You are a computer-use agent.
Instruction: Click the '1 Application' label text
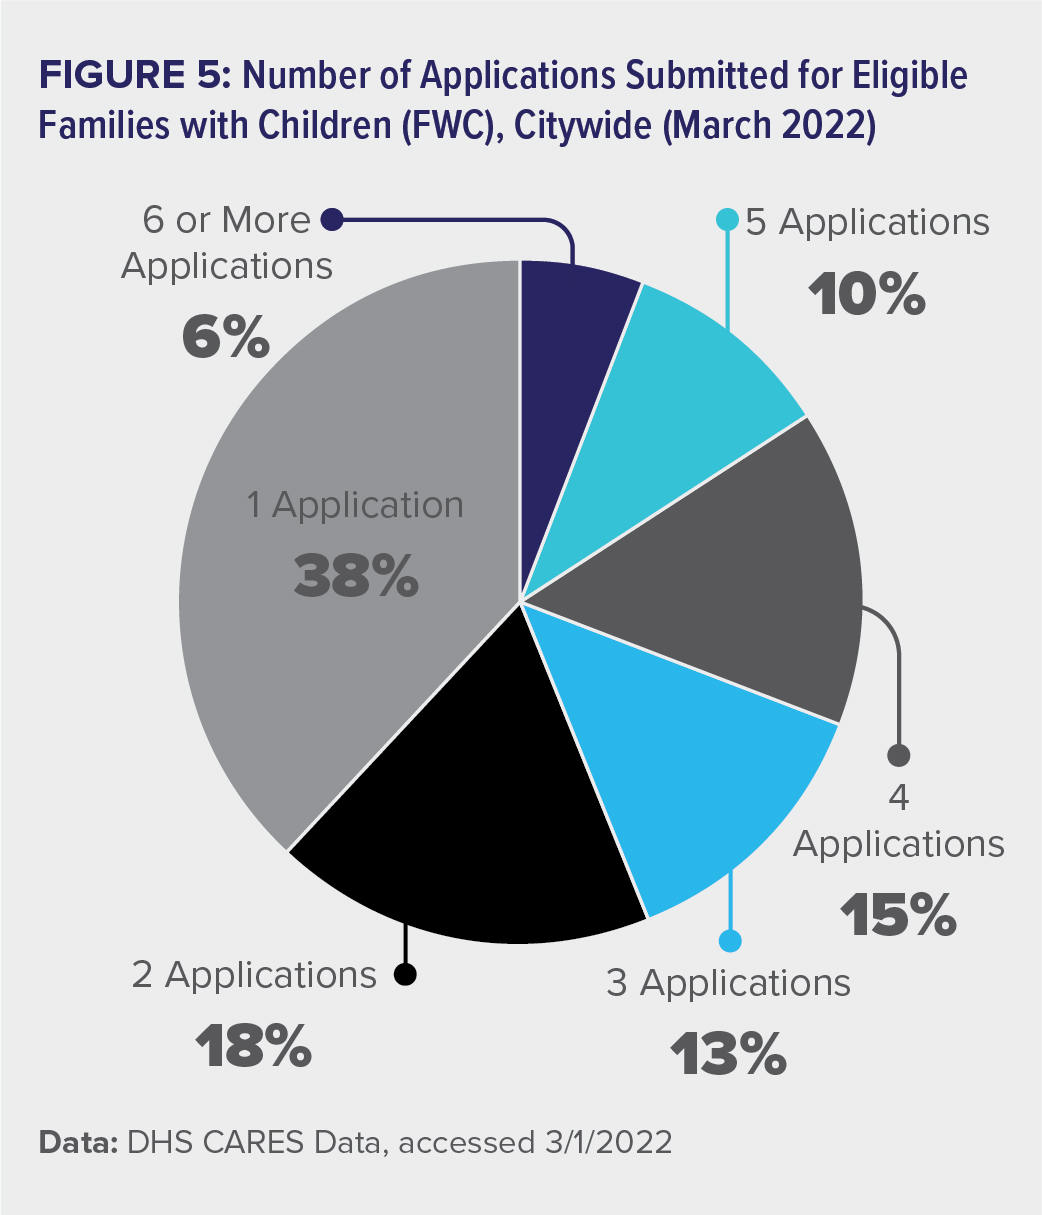pyautogui.click(x=356, y=505)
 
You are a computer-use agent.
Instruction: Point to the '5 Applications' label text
pyautogui.click(x=867, y=222)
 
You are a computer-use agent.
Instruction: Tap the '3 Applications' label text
pyautogui.click(x=728, y=983)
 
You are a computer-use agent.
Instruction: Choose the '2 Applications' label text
pyautogui.click(x=254, y=974)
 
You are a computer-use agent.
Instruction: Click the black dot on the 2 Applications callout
pyautogui.click(x=405, y=973)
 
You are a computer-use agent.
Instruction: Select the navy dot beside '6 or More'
pyautogui.click(x=334, y=218)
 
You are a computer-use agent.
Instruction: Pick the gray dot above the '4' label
pyautogui.click(x=899, y=754)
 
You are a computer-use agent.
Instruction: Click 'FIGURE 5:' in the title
pyautogui.click(x=133, y=77)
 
